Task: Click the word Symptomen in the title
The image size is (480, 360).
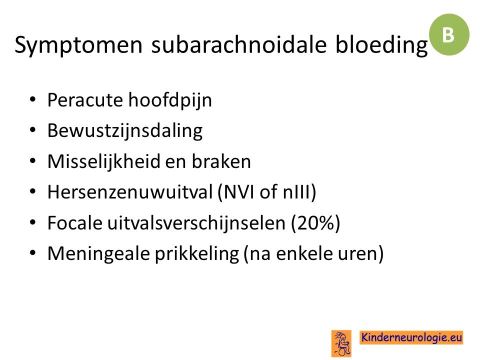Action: point(78,45)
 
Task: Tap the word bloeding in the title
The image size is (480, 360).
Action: point(381,45)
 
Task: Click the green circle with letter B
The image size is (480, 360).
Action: point(449,34)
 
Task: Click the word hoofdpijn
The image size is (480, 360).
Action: point(170,100)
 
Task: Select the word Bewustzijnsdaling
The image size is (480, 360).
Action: point(125,131)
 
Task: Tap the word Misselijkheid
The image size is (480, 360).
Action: point(104,161)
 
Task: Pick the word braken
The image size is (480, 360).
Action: point(221,161)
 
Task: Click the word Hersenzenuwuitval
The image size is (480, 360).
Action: point(130,192)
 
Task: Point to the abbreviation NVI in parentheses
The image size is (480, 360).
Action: point(235,192)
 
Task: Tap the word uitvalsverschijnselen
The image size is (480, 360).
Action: point(196,223)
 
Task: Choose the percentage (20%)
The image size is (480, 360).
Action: point(315,223)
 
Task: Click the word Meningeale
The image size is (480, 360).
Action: point(98,254)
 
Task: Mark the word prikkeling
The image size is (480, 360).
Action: point(197,254)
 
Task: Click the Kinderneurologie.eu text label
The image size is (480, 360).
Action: point(411,337)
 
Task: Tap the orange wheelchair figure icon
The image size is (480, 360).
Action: point(341,343)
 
